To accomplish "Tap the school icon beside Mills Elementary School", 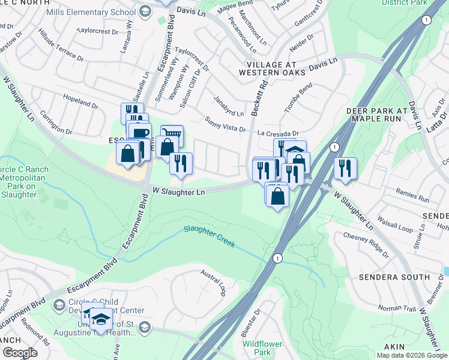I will pos(145,11).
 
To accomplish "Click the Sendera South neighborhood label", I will pos(394,277).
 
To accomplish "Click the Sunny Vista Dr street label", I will pos(226,124).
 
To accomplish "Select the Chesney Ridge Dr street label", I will pos(365,241).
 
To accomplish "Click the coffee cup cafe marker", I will pos(140,133).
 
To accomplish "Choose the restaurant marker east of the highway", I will pos(345,167).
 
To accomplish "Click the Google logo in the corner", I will pos(20,353).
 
